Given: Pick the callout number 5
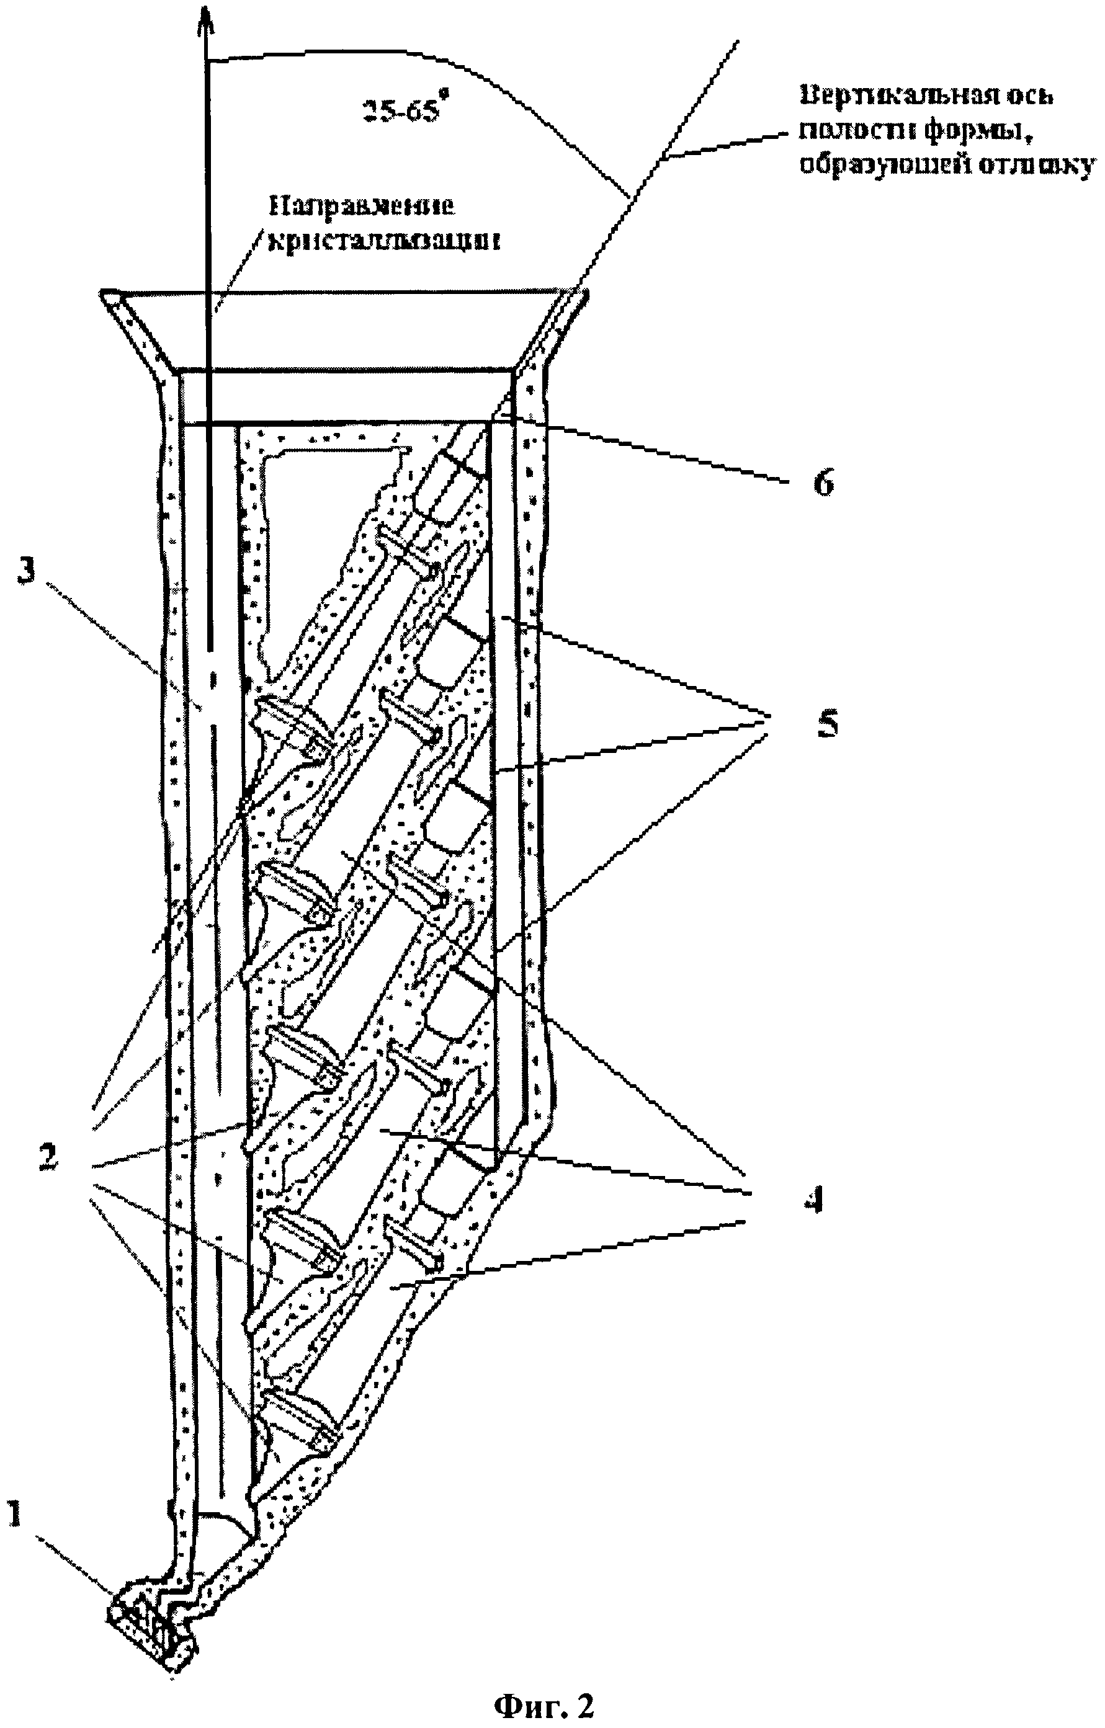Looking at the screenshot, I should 827,725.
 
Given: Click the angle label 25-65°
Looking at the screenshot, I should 401,110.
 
